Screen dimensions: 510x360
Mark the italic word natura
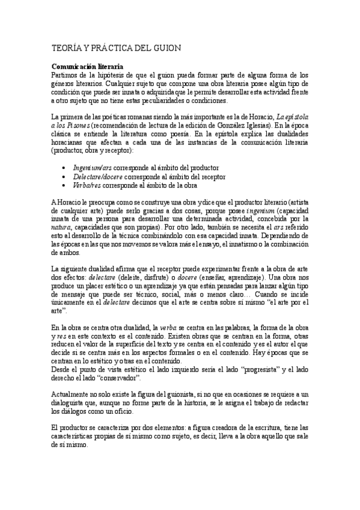point(61,235)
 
